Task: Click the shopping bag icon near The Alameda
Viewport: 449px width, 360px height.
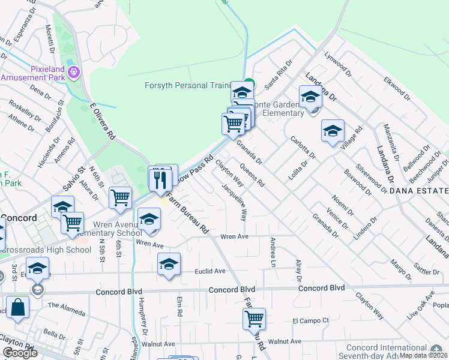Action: [x=19, y=307]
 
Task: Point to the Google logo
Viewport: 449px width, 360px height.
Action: [x=20, y=353]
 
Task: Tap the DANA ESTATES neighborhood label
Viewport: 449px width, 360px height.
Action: [x=418, y=191]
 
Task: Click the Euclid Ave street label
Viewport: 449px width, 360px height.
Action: [x=210, y=271]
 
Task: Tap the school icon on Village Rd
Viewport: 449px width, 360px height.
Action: [x=333, y=131]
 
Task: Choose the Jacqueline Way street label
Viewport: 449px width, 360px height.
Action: [x=235, y=202]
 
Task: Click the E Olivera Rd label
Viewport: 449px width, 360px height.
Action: [x=103, y=121]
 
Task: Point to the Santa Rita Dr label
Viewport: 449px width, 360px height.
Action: [x=279, y=71]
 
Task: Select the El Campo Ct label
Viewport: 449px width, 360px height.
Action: [x=310, y=320]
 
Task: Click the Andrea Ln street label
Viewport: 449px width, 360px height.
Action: [x=273, y=252]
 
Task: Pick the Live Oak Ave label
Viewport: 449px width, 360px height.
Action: [x=420, y=307]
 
